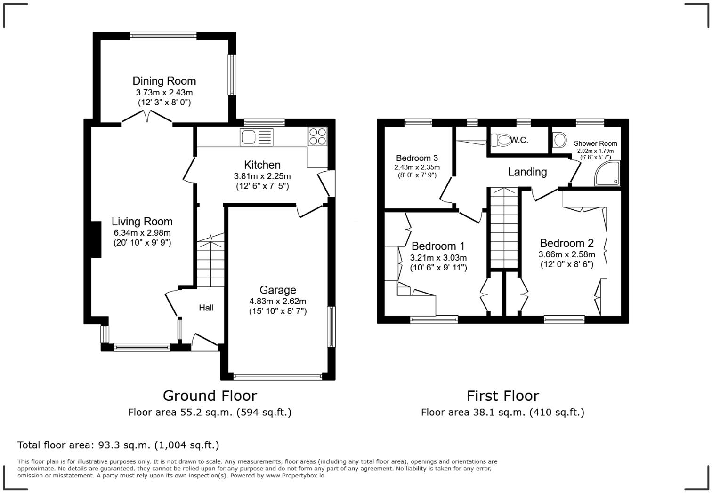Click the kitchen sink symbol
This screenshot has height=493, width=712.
click(x=257, y=137)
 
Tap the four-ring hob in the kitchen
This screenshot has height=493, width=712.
click(x=317, y=136)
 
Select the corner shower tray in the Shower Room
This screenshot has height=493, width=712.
click(x=607, y=173)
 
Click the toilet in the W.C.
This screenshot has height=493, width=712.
click(x=501, y=140)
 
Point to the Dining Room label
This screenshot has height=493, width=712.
click(x=164, y=81)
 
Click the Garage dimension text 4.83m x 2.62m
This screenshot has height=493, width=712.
click(x=277, y=301)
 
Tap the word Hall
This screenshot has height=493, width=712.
click(x=206, y=307)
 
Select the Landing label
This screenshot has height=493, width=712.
click(x=527, y=172)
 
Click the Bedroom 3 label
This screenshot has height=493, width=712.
click(x=417, y=158)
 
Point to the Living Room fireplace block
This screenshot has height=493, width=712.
click(x=97, y=239)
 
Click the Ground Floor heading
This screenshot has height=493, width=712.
click(x=210, y=396)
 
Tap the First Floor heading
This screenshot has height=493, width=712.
click(x=503, y=396)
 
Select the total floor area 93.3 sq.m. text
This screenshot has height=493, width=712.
click(x=118, y=445)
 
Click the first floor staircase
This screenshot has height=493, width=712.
click(x=504, y=228)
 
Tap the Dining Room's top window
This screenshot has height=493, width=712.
click(x=163, y=36)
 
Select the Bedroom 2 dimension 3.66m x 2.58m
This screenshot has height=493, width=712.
click(x=567, y=254)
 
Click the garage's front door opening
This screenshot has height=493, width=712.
click(x=278, y=377)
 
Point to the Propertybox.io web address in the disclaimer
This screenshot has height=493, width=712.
click(x=295, y=476)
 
